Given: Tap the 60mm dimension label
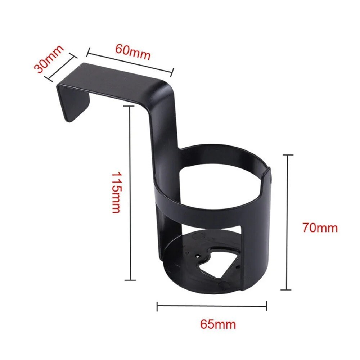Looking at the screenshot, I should [x=132, y=52].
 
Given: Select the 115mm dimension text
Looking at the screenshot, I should [x=116, y=192].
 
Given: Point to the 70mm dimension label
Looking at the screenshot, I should [x=320, y=228].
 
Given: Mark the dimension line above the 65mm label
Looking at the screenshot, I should [x=212, y=306].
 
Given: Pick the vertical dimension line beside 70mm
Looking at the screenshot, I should [x=287, y=222].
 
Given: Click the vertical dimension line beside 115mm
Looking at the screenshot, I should [x=130, y=193].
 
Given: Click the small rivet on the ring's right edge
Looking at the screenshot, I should [x=270, y=177].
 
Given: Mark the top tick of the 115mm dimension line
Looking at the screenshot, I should [x=130, y=106].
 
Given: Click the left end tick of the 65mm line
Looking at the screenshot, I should [x=157, y=307].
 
